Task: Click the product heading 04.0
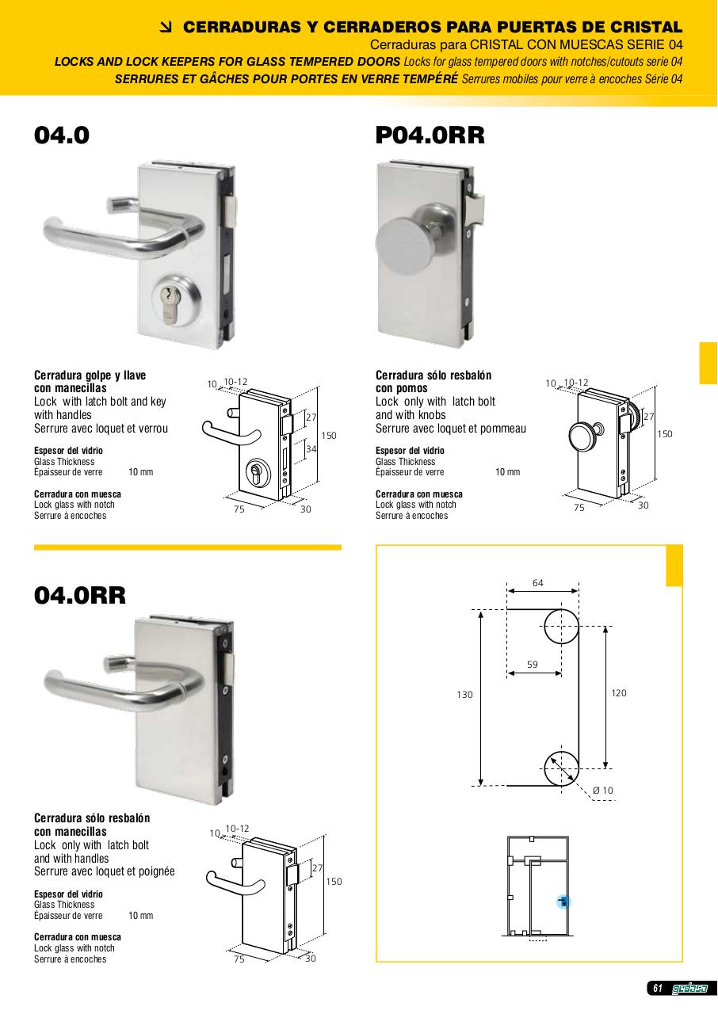click(x=62, y=135)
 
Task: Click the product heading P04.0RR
click(x=430, y=135)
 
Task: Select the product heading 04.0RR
click(x=80, y=595)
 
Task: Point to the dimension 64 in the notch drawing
click(x=538, y=582)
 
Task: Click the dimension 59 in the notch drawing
click(x=533, y=664)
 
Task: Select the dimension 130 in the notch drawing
click(x=464, y=695)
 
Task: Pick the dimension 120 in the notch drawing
click(x=619, y=692)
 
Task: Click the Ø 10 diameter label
click(x=602, y=791)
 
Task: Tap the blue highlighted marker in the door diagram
click(x=563, y=902)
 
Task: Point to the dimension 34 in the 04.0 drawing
click(x=311, y=448)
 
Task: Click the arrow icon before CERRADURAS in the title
click(x=166, y=28)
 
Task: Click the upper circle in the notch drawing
click(x=561, y=627)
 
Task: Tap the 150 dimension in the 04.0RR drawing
click(x=334, y=882)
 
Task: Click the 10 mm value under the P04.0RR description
click(x=507, y=471)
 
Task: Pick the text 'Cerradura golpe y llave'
click(x=90, y=375)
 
